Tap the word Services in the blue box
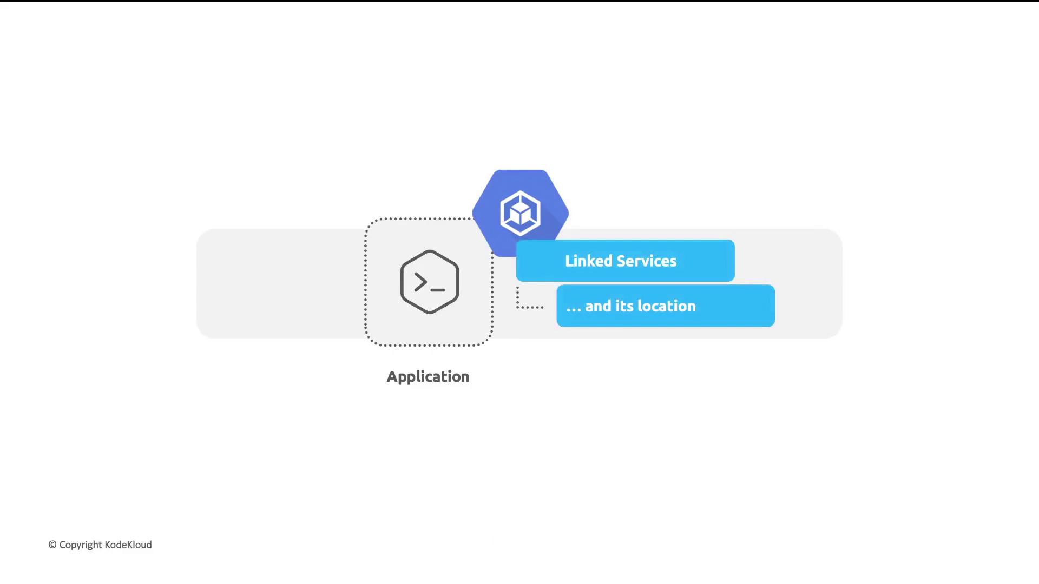pos(647,261)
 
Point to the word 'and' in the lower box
pos(598,306)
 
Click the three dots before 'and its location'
pos(574,310)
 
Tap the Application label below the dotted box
pos(428,377)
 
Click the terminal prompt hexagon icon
pos(430,282)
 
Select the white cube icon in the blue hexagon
pos(520,213)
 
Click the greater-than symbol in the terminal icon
pos(420,282)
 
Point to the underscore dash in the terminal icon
pos(438,290)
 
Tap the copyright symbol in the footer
pos(52,545)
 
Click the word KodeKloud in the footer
pos(128,545)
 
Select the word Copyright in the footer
pos(81,545)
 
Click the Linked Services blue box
pos(625,261)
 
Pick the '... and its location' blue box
pos(666,306)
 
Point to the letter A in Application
pos(392,376)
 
